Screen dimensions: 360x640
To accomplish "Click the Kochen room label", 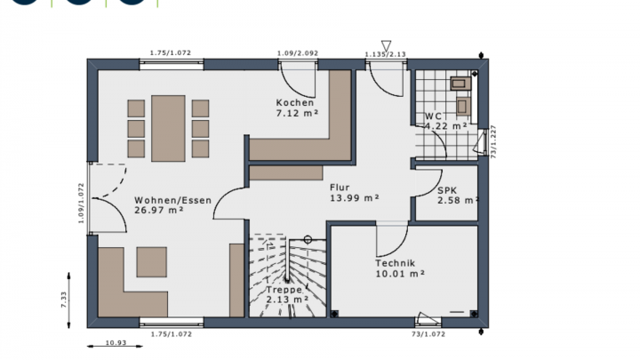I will click(294, 103).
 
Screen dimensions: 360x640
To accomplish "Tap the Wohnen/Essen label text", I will click(173, 200).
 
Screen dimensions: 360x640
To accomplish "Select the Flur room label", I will click(340, 188).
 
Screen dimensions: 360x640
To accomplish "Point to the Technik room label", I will click(395, 264).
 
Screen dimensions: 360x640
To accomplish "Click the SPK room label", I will click(447, 190).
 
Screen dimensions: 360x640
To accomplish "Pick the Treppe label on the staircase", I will click(284, 290).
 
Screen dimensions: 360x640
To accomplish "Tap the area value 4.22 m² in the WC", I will click(446, 126).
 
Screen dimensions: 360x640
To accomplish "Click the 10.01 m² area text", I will click(400, 275).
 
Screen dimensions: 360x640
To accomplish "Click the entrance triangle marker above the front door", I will click(386, 45).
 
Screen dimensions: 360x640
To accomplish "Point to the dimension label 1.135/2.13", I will click(385, 55).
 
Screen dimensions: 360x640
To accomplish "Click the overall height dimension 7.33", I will click(64, 300).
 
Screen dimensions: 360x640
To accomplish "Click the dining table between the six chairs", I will click(168, 129).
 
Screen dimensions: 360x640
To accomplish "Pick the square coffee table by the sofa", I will click(151, 261).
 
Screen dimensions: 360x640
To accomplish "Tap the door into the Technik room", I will click(391, 238).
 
